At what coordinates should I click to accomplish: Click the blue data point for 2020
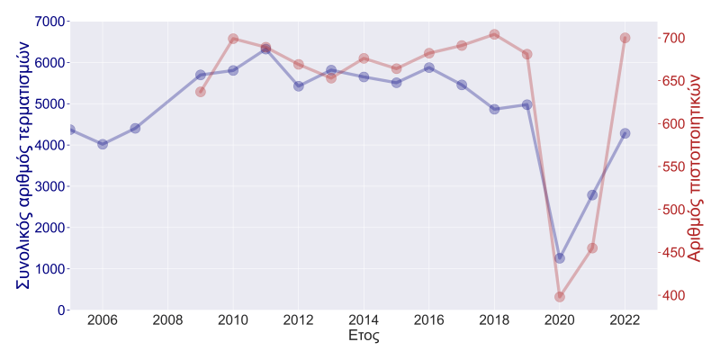click(560, 258)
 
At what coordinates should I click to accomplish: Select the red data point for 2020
click(560, 296)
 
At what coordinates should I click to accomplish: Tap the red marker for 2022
click(625, 38)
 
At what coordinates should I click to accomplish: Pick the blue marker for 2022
click(625, 133)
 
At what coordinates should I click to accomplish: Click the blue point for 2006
click(103, 144)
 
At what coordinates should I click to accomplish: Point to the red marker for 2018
click(494, 35)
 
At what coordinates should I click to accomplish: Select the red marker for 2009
click(201, 92)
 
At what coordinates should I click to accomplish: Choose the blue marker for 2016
click(429, 67)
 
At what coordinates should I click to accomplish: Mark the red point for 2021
click(592, 248)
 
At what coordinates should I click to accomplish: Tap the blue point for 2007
click(135, 129)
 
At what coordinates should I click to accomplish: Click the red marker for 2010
click(233, 39)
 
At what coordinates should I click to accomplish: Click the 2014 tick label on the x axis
click(364, 320)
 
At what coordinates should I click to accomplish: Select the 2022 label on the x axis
click(625, 320)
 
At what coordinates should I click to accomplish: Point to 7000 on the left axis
click(49, 21)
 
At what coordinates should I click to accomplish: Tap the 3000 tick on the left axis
click(49, 186)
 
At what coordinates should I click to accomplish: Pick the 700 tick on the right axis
click(675, 38)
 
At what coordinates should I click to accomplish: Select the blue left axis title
click(24, 165)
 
